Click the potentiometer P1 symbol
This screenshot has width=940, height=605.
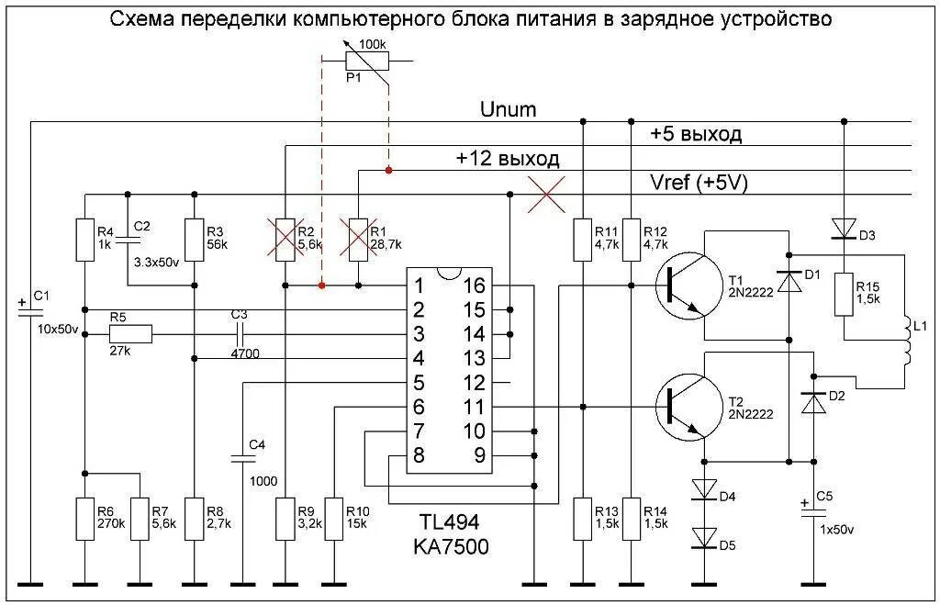click(x=367, y=61)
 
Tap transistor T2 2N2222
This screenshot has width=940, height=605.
click(x=688, y=405)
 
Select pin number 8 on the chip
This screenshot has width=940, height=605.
click(x=419, y=455)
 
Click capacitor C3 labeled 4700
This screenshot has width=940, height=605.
click(x=241, y=335)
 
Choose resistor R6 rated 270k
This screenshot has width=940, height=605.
click(x=84, y=520)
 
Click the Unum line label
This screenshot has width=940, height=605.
click(x=508, y=110)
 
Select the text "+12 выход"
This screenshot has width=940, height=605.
click(x=507, y=158)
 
